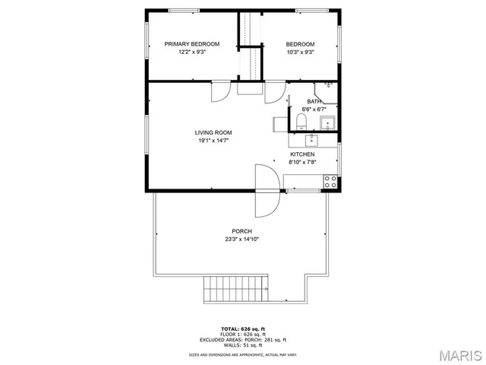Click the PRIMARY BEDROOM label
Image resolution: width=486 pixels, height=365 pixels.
[192, 44]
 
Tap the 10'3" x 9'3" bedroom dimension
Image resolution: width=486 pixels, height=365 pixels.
[300, 53]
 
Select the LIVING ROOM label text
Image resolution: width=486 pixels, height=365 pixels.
[214, 132]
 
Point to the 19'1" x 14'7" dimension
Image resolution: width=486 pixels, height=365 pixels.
[214, 141]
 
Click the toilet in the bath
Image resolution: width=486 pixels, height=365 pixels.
[301, 122]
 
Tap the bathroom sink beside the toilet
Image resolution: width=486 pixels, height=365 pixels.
[328, 123]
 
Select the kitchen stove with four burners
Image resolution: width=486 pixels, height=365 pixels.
[330, 181]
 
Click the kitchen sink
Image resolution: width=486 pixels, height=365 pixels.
[311, 140]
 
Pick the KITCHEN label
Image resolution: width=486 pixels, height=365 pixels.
[302, 154]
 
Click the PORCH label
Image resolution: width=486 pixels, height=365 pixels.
[242, 231]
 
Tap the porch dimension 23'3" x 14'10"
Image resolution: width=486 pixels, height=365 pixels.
[242, 240]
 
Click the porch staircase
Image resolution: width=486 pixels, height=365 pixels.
[236, 289]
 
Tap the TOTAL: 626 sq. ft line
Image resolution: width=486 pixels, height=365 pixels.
[243, 328]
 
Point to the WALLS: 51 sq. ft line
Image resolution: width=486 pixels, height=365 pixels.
[243, 345]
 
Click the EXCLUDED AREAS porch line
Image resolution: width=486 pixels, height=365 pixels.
[243, 339]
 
